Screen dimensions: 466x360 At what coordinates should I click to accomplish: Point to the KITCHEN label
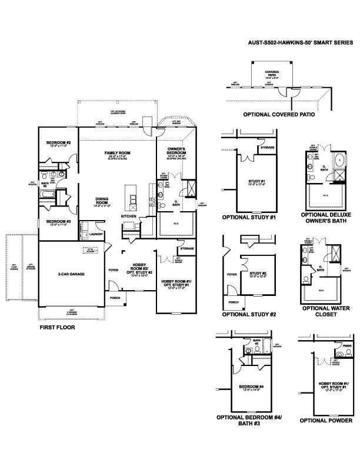click(129, 217)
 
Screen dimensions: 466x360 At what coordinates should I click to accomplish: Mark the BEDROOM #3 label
click(59, 222)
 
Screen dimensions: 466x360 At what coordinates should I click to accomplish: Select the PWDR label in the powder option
click(347, 346)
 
